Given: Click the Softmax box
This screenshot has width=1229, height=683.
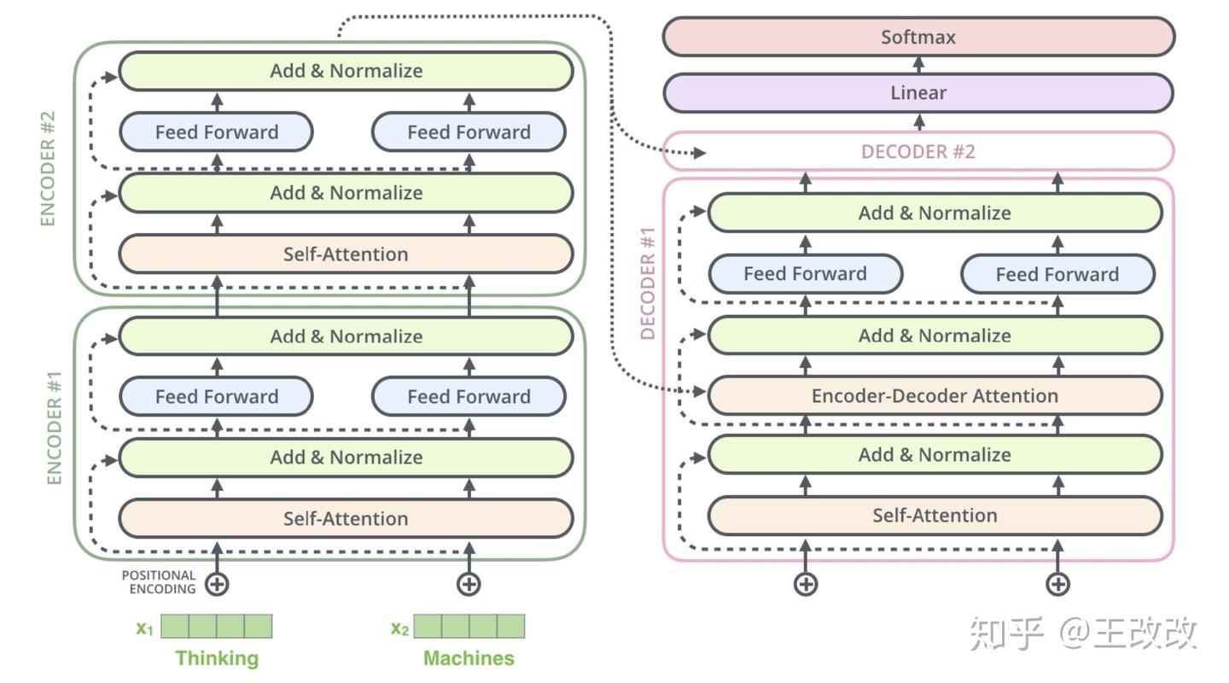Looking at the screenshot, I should point(918,38).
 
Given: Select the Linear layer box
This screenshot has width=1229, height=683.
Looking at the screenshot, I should point(918,93).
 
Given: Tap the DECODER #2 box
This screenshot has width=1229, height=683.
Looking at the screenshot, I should point(918,152).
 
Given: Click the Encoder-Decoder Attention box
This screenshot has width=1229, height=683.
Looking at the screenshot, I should point(935,396).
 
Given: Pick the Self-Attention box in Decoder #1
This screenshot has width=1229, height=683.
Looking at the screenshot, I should point(935,516).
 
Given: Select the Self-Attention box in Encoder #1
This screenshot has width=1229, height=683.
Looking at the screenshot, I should point(346,519).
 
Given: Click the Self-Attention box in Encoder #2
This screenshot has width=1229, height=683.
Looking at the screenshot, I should point(346,254).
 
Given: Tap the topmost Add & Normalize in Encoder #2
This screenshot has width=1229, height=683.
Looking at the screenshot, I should point(346,71).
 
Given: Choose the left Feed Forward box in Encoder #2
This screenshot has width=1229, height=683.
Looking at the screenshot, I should point(217,132).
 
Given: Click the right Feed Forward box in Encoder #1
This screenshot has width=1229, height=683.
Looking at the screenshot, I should point(469,397).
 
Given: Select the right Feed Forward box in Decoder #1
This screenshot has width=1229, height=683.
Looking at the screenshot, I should point(1057,275).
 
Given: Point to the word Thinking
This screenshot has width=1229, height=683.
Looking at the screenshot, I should point(217,658).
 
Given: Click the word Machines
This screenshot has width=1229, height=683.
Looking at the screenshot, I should point(469,658).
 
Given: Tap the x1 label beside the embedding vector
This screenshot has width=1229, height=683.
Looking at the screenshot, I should point(145,628).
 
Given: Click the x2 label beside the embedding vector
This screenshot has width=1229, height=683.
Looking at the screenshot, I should point(399,628).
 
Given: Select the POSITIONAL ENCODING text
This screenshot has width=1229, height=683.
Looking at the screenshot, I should point(159,582).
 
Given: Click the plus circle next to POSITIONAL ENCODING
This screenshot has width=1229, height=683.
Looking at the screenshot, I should point(217,584).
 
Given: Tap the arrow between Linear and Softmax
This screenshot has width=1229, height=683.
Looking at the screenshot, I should point(918,65).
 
